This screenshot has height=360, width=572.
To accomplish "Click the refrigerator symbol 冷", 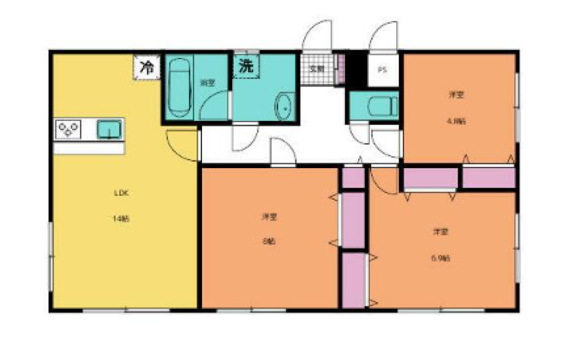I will coord(145,67).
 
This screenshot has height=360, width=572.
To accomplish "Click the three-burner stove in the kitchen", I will coord(69,129).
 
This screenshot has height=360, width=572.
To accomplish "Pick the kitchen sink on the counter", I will coord(109,128).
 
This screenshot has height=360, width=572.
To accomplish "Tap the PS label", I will coord(382,70).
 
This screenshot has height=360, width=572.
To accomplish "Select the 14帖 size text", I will coord(120,219).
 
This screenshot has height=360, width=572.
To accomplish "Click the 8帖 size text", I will coord(269,241).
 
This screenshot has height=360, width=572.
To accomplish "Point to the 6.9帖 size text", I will coord(440,258).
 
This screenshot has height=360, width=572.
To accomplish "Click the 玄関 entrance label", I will coord(316,69).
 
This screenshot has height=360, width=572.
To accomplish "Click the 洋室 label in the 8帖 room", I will coord(269,216).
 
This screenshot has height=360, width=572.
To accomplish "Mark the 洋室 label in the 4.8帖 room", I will coord(456,94).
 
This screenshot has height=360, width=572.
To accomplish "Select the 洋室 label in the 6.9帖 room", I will coord(440,231).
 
